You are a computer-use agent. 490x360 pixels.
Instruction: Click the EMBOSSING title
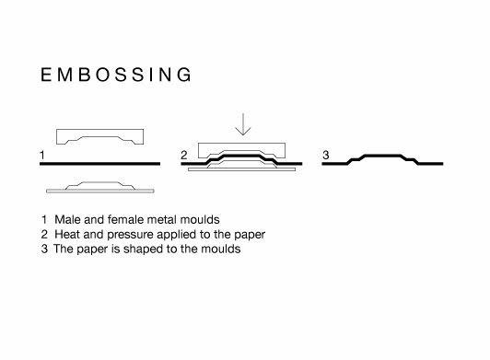116,75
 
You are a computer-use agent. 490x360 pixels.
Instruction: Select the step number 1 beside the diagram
42,154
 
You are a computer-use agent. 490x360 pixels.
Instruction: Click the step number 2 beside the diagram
183,154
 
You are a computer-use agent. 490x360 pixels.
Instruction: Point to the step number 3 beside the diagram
325,154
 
